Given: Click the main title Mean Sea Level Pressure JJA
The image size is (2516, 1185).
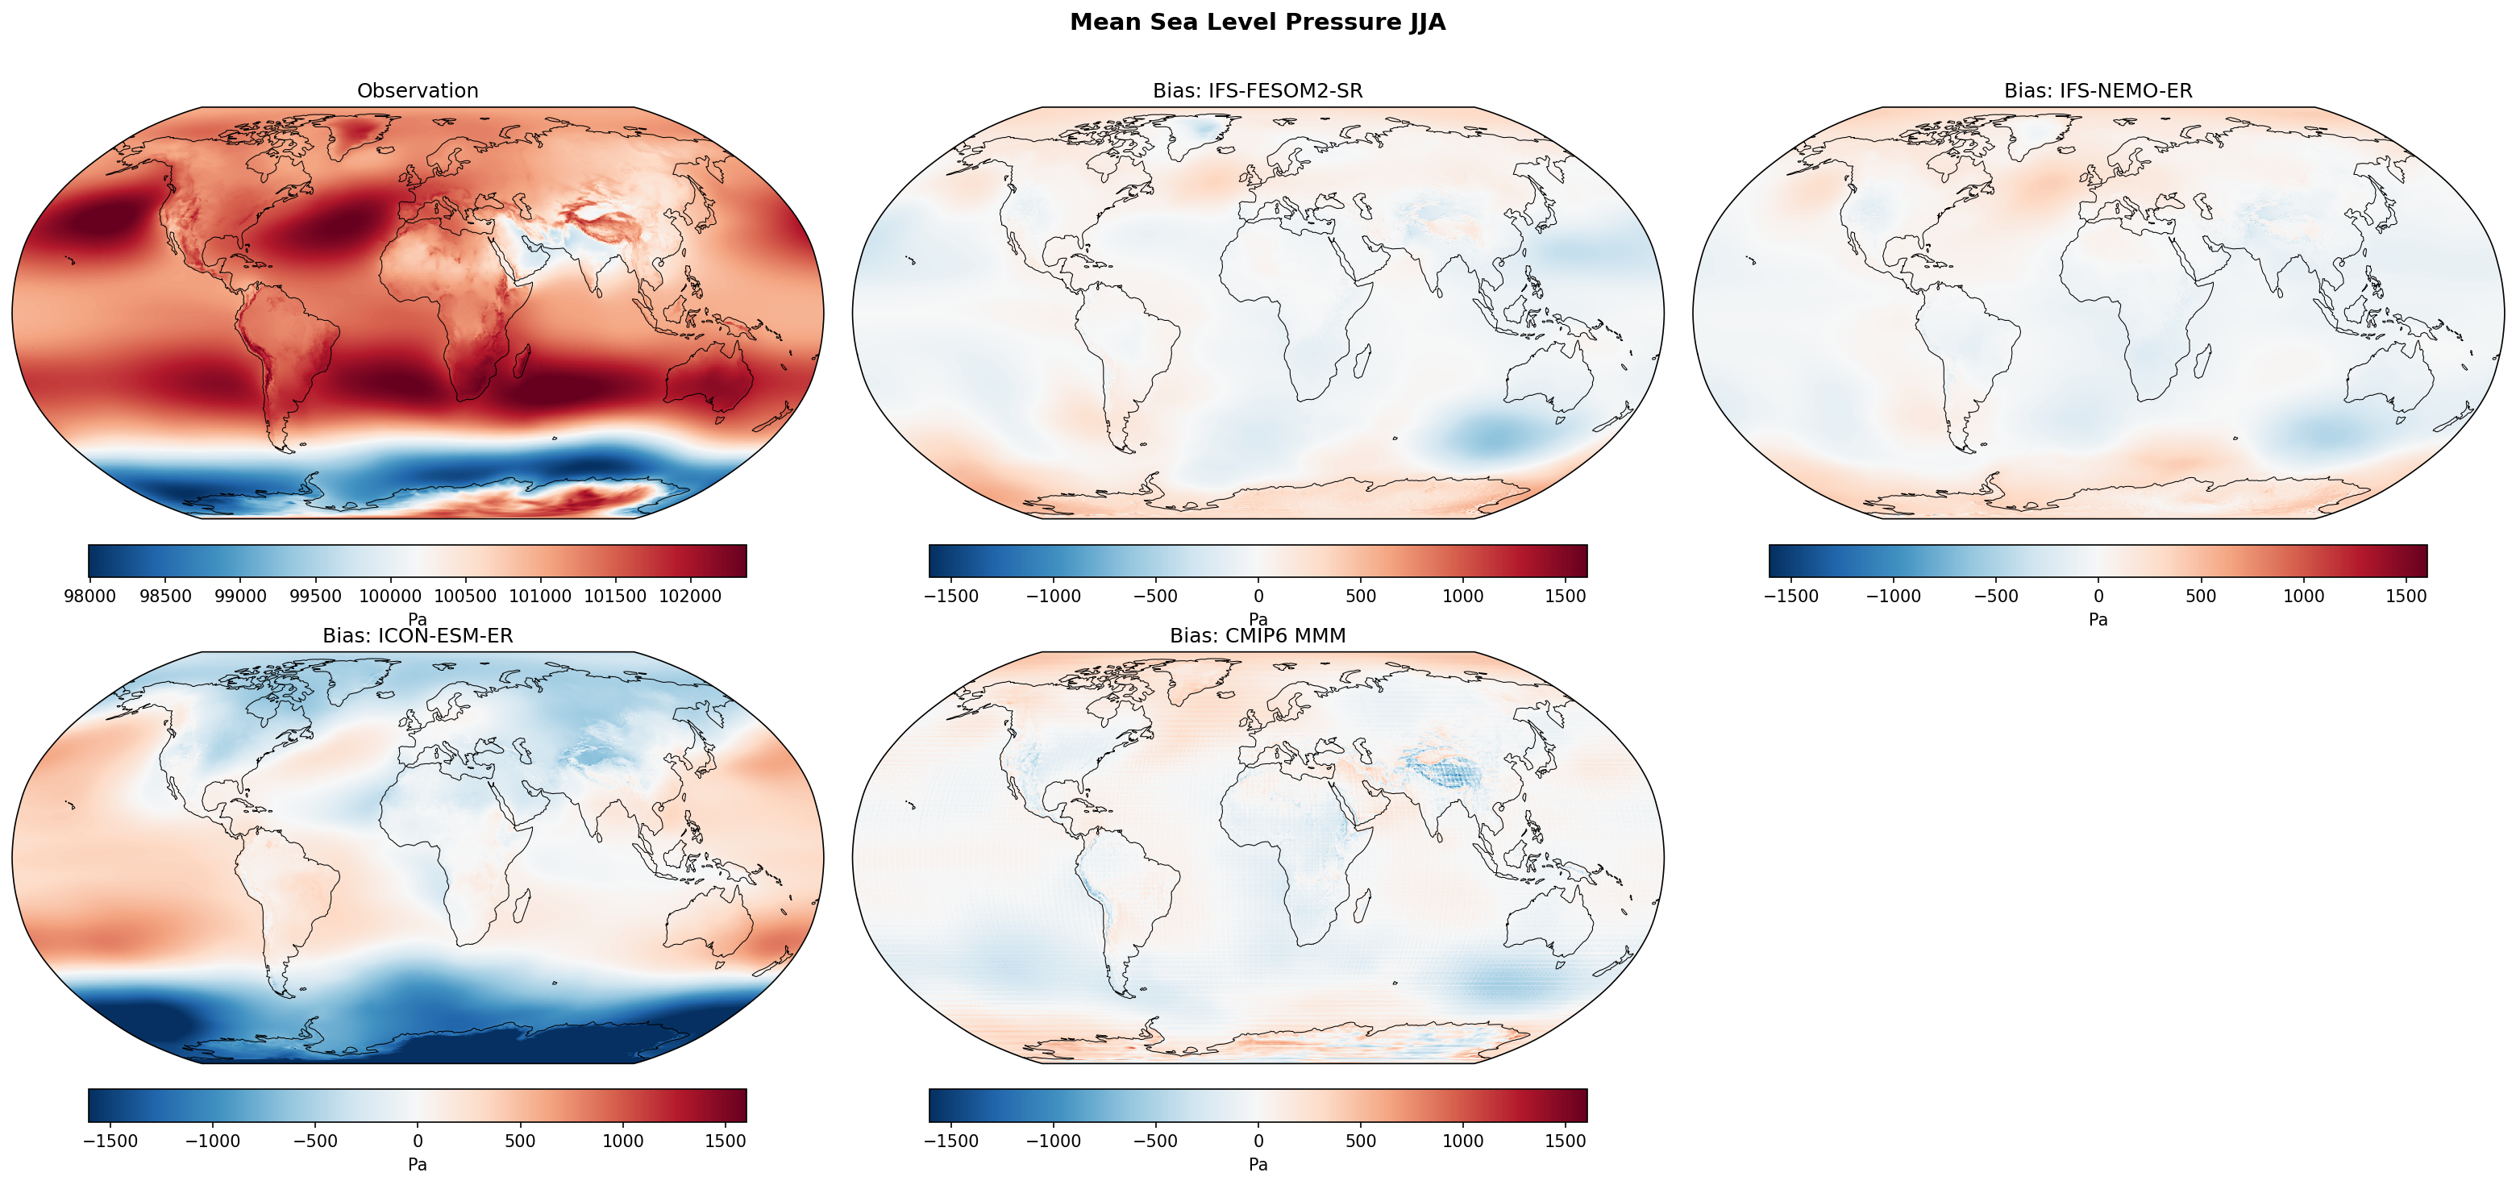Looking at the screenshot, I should pyautogui.click(x=1257, y=23).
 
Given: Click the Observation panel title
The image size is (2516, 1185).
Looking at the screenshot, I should pyautogui.click(x=417, y=91).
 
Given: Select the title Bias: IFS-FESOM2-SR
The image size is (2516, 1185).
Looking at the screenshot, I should pyautogui.click(x=1257, y=91).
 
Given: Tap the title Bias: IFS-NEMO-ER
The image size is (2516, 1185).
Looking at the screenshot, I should pyautogui.click(x=2098, y=91).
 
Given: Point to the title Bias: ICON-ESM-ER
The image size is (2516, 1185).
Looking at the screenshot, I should pyautogui.click(x=417, y=636).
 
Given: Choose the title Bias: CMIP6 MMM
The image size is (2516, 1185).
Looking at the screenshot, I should pyautogui.click(x=1257, y=636).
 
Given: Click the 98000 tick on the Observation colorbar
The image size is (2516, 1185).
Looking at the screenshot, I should pyautogui.click(x=89, y=596).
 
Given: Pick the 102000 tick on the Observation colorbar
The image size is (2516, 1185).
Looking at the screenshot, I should pyautogui.click(x=691, y=596).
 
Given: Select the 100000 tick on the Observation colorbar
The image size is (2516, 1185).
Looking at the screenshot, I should pyautogui.click(x=389, y=596).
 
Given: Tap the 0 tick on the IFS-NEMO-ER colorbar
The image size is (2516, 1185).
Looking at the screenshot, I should pyautogui.click(x=2098, y=596).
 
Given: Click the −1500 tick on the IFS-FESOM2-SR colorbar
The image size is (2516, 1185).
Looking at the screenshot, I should pyautogui.click(x=950, y=596).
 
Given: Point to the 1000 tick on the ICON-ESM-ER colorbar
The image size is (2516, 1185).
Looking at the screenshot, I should pyautogui.click(x=622, y=1141).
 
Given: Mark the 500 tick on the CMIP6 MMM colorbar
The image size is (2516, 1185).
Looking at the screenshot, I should pyautogui.click(x=1361, y=1141).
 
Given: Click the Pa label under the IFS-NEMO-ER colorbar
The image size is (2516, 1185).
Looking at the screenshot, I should pyautogui.click(x=2098, y=619).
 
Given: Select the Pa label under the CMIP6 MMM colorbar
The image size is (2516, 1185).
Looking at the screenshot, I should pyautogui.click(x=1257, y=1165).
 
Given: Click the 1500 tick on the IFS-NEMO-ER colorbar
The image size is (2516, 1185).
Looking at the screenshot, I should pyautogui.click(x=2406, y=596).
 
